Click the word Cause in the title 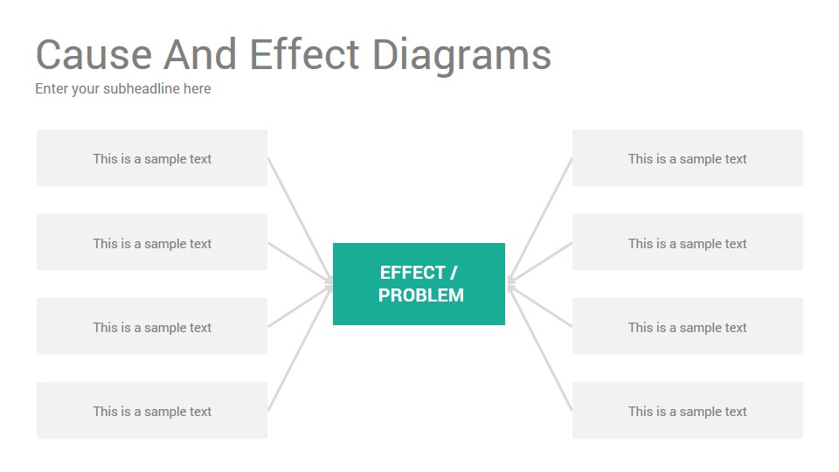tap(94, 54)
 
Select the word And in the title tap(200, 54)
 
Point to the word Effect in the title tap(304, 54)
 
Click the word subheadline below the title tap(142, 88)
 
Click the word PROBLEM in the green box tap(421, 295)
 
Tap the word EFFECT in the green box tap(413, 273)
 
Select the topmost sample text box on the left tap(152, 158)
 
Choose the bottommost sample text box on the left tap(152, 411)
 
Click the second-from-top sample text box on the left tap(152, 242)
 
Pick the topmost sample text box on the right tap(688, 158)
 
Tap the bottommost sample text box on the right tap(688, 411)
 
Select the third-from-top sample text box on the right tap(688, 326)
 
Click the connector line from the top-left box tap(300, 219)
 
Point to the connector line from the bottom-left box tap(300, 349)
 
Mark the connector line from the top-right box tap(539, 219)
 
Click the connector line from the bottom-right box tap(539, 349)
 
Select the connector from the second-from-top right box tap(539, 262)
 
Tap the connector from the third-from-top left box tap(300, 306)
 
